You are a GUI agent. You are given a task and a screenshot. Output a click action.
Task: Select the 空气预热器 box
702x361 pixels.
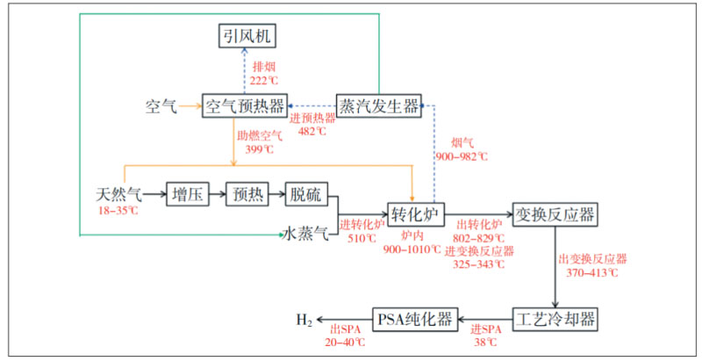click(x=245, y=105)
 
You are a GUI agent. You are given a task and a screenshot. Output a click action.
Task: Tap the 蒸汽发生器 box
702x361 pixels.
click(x=379, y=105)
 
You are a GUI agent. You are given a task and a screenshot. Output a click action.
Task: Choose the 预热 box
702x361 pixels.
click(x=245, y=193)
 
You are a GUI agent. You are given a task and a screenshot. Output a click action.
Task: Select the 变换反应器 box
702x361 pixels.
click(x=555, y=213)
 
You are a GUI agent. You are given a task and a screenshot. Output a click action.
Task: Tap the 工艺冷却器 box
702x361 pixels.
click(x=555, y=317)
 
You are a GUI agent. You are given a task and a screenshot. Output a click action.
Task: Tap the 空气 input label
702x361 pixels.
click(x=161, y=107)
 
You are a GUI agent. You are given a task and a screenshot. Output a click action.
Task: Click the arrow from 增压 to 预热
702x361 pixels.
click(x=217, y=193)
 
